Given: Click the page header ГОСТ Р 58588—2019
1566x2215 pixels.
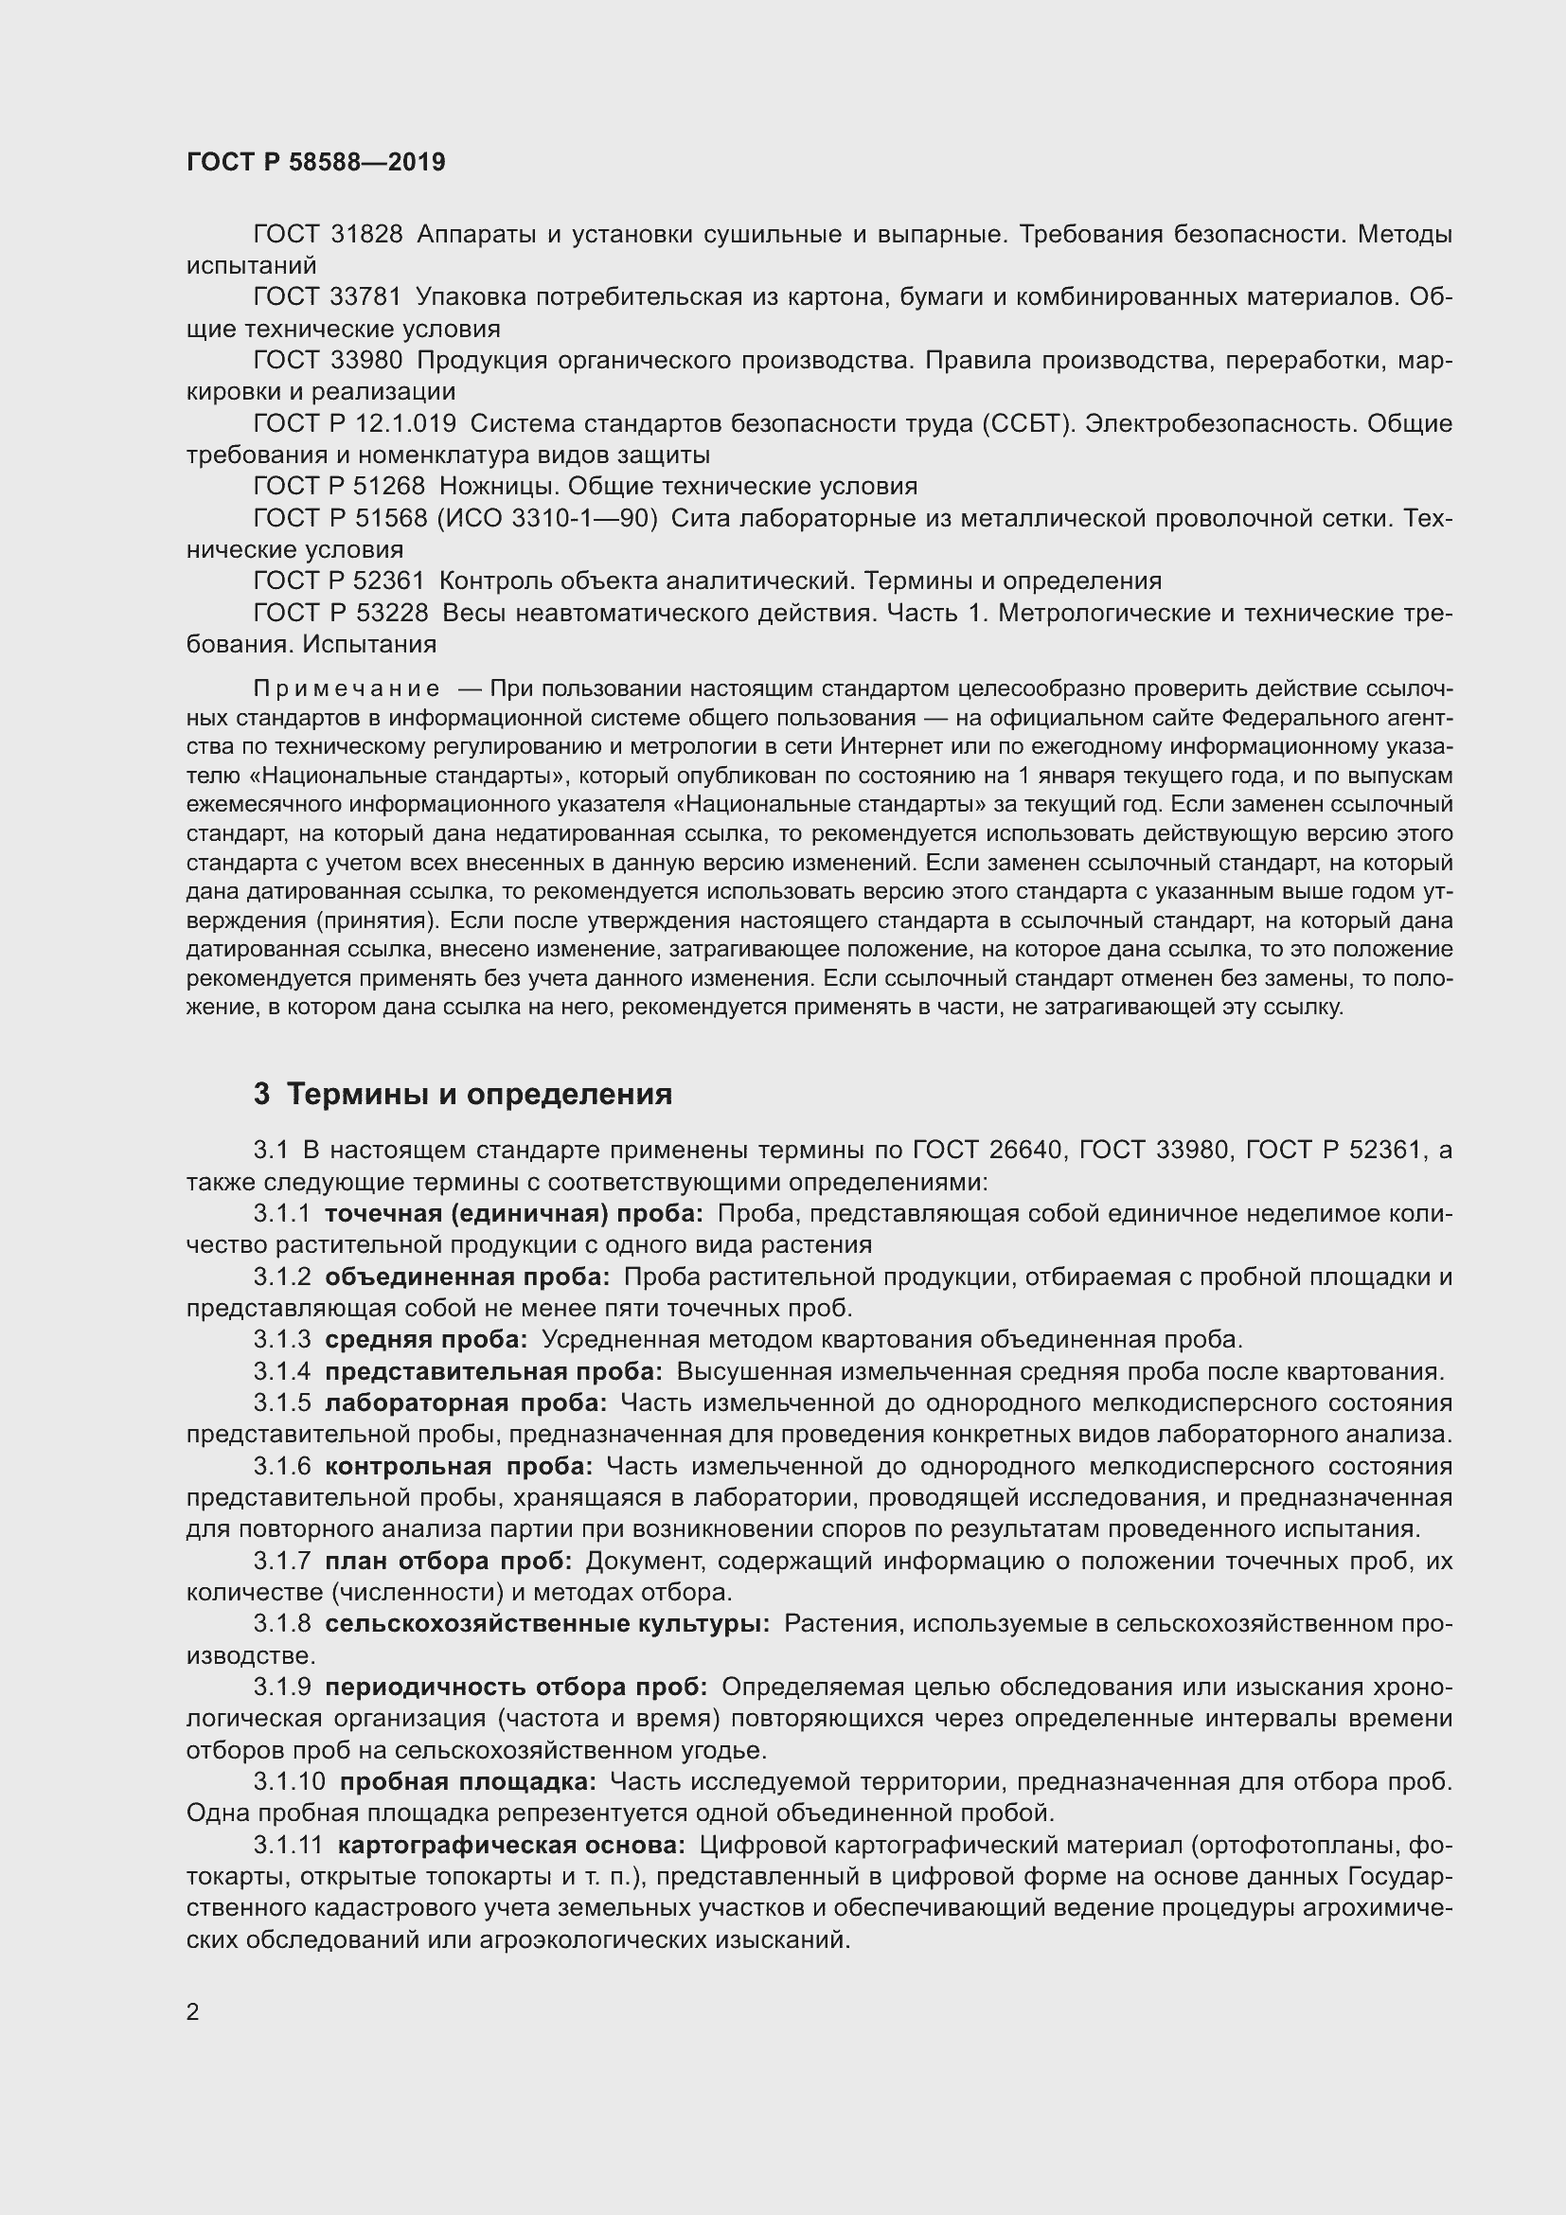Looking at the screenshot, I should click(x=315, y=162).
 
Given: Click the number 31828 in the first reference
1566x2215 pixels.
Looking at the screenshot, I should click(x=366, y=235).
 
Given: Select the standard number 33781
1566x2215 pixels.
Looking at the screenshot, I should click(x=366, y=297).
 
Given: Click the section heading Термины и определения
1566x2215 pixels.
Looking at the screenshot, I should click(x=479, y=1094).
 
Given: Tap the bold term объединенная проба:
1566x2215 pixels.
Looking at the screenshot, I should click(x=467, y=1277).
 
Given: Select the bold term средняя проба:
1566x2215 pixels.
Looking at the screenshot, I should click(x=425, y=1339).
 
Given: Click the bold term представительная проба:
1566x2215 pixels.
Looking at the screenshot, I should click(x=492, y=1371).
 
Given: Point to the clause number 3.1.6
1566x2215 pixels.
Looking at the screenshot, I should click(x=282, y=1466).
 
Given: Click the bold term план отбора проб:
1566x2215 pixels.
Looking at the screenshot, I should click(x=449, y=1561).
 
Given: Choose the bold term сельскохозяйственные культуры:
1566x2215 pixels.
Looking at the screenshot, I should click(x=546, y=1624).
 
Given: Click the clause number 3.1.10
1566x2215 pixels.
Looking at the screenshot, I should click(x=290, y=1782).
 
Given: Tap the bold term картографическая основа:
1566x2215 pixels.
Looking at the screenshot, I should click(x=511, y=1845).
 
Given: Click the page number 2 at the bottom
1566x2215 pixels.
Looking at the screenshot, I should click(x=193, y=2012).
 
